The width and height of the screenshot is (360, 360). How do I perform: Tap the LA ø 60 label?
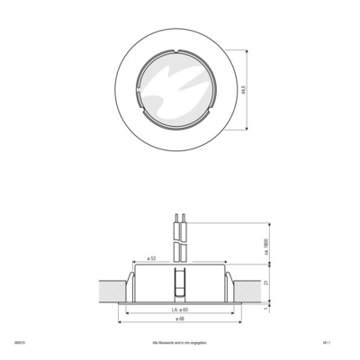[x=179, y=310]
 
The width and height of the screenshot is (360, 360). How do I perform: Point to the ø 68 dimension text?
[x=180, y=319]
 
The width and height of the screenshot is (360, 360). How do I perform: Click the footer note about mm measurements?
[x=180, y=343]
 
